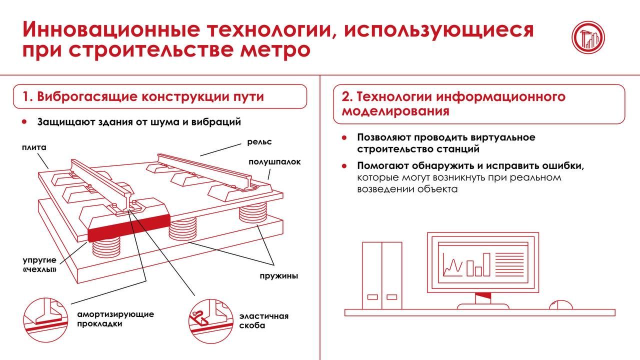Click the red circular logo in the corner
tap(588, 37)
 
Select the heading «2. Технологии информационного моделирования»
tap(453, 103)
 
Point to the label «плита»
tap(34, 147)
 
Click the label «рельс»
tap(259, 142)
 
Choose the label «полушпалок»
tap(274, 162)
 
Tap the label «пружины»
tap(278, 275)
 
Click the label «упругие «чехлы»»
tap(39, 265)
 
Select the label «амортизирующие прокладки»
tap(115, 319)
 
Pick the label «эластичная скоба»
tap(263, 321)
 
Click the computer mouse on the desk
tap(560, 305)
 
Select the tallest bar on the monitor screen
tap(486, 264)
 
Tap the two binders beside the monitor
tap(381, 275)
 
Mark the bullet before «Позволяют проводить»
tap(344, 137)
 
